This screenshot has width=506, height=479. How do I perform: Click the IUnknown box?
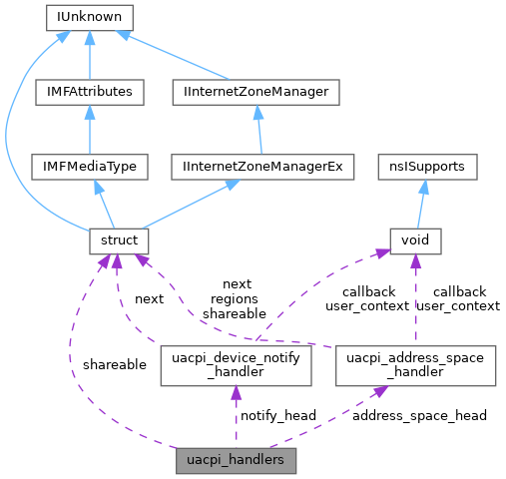point(90,17)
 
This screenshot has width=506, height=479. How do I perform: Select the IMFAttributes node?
point(90,92)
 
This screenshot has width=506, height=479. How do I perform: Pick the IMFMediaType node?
point(90,166)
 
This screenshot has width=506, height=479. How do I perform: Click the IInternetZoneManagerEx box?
point(261,166)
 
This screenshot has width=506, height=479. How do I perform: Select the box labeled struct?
point(119,240)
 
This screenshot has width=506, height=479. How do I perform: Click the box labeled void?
point(414,240)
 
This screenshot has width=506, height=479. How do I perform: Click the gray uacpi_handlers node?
point(237,461)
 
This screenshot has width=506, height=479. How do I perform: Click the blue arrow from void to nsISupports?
point(420,204)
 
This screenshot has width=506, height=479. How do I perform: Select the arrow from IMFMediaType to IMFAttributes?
point(90,129)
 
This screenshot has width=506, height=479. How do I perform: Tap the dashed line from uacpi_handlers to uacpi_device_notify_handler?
point(237,419)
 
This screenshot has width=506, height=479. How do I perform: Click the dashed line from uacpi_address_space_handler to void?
point(413,299)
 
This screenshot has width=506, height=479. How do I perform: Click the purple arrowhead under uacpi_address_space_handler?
point(379,393)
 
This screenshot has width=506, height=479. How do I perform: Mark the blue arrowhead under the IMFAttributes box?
point(90,112)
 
